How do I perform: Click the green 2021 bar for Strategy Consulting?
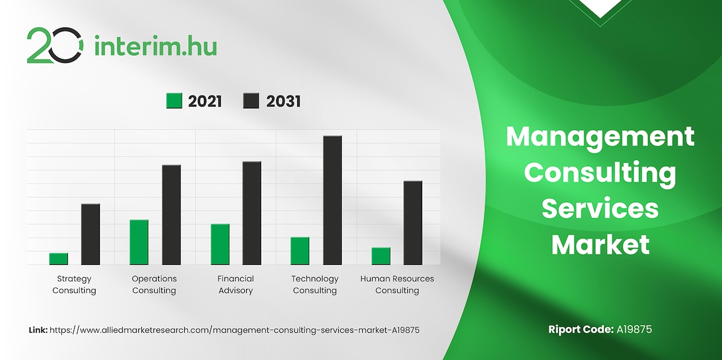58,259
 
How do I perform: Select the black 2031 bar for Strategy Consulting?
91,234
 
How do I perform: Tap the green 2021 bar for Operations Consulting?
139,242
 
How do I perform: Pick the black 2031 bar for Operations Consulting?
171,215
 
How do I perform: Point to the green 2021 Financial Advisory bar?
220,244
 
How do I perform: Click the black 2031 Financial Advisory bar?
251,213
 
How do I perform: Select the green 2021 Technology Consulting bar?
300,251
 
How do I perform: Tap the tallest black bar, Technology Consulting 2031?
332,200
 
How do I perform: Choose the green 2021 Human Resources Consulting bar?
381,256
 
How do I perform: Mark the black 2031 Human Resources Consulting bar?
413,223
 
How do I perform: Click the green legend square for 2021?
174,101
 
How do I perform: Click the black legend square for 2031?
251,101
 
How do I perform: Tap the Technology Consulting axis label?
315,285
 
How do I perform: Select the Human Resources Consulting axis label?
397,285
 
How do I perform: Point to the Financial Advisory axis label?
236,285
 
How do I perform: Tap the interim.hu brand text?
156,46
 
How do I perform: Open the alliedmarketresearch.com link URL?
235,331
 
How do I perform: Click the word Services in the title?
600,208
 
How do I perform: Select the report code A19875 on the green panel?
634,329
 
